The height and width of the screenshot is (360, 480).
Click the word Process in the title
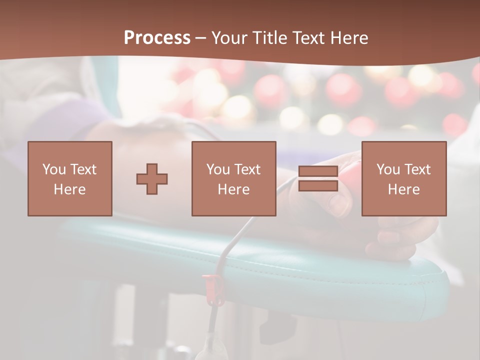[x=157, y=38]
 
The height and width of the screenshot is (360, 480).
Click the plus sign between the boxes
[x=152, y=178]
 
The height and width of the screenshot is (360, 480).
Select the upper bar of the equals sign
[x=318, y=171]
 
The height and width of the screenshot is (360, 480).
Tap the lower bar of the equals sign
[x=318, y=186]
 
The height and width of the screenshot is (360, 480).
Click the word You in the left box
[x=54, y=169]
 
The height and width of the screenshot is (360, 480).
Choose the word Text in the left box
[x=83, y=169]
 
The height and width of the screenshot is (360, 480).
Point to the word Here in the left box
[x=69, y=189]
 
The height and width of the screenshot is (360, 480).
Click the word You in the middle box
[x=218, y=169]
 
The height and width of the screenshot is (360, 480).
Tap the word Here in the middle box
[x=233, y=189]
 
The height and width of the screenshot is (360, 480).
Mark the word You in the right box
[x=388, y=169]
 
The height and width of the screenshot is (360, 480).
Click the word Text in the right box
[x=417, y=169]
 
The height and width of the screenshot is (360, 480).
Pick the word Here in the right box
[x=403, y=189]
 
